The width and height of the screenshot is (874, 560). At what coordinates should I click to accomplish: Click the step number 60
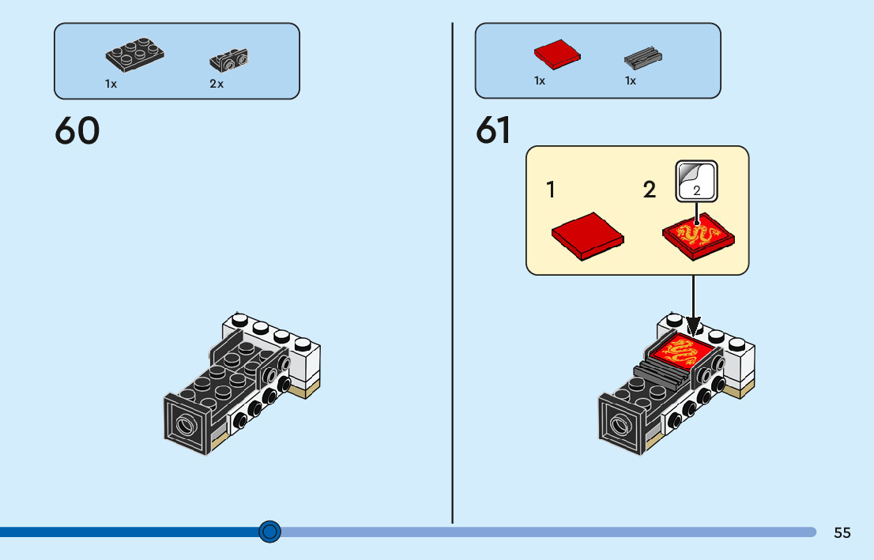(x=77, y=131)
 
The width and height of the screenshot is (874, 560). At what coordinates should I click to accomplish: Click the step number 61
(x=493, y=131)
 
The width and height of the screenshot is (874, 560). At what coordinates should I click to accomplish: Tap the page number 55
(x=842, y=532)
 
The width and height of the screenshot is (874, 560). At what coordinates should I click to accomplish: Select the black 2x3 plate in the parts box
(x=135, y=53)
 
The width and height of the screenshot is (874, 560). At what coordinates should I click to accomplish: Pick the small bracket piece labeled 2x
(x=230, y=58)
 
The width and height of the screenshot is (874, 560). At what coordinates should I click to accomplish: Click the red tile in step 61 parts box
(x=557, y=53)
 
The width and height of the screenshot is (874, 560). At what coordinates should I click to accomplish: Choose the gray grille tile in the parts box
(x=642, y=57)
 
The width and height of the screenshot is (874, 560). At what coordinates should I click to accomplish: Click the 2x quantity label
(x=217, y=84)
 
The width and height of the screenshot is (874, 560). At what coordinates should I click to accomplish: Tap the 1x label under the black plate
(x=111, y=84)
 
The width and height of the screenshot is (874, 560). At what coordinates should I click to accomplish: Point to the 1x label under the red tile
(x=540, y=81)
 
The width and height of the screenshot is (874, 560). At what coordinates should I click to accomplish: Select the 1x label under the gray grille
(x=631, y=81)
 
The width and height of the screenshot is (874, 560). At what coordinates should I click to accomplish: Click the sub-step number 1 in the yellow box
(x=551, y=190)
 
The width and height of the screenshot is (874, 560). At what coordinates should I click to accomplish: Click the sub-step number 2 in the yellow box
(x=650, y=190)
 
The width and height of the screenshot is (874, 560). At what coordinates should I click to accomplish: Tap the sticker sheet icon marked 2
(x=696, y=181)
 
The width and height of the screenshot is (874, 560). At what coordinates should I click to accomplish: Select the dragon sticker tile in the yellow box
(x=699, y=235)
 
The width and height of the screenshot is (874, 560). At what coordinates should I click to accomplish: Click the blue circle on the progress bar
(x=270, y=532)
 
